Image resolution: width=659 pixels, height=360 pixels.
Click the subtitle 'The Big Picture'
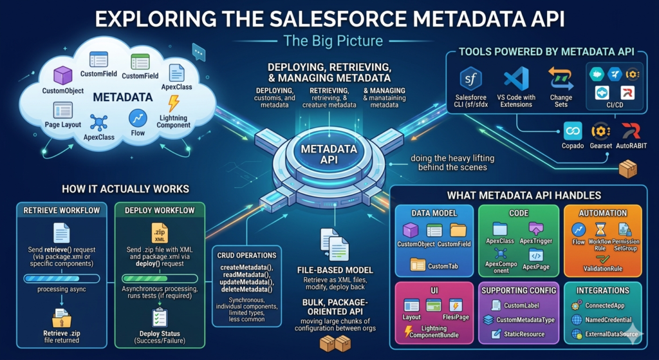point(333,41)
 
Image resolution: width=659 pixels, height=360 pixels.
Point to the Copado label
point(573,147)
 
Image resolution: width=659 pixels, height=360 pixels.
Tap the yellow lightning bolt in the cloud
point(173,104)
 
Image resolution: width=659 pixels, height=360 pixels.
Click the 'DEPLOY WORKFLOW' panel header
point(160,211)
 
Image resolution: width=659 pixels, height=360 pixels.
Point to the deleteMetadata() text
point(246,289)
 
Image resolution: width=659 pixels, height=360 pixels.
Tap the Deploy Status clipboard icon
point(160,317)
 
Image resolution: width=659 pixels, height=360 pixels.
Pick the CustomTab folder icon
point(418,263)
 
